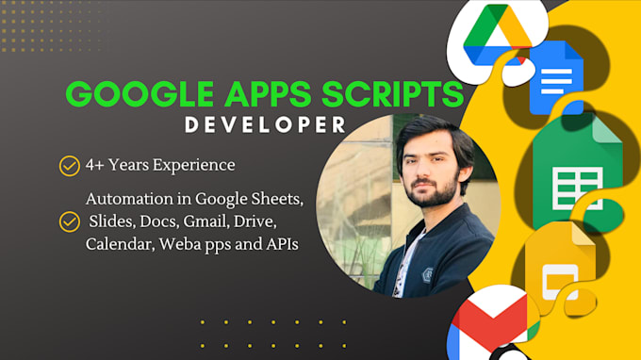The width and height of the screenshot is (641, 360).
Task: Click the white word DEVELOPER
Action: point(265,125)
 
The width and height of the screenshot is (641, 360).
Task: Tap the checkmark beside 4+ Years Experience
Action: point(69,167)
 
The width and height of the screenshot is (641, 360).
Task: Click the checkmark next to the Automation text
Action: point(69,221)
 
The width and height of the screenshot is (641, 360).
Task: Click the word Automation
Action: point(130,200)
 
